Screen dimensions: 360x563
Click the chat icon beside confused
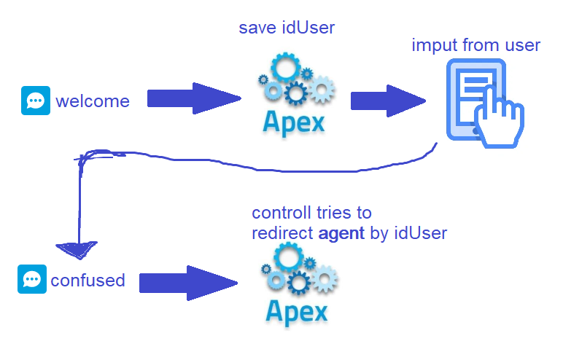31,279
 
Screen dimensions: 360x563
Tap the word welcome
93,101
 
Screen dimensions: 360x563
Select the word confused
88,280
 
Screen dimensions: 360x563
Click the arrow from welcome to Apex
193,98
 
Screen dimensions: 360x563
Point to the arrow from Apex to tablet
387,101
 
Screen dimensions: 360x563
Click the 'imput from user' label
475,45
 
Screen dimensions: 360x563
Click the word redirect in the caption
283,233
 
